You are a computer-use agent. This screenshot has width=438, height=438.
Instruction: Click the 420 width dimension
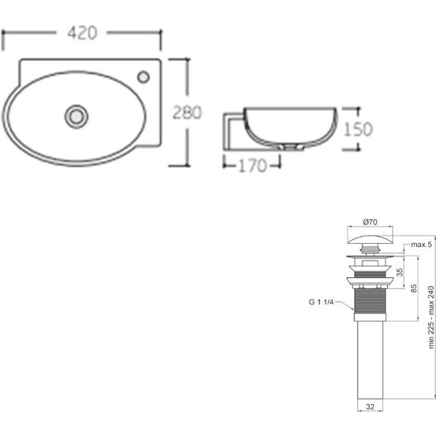pos(82,32)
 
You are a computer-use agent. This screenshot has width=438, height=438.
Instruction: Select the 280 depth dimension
pos(187,113)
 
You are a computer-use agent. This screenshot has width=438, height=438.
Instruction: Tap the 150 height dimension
pos(358,129)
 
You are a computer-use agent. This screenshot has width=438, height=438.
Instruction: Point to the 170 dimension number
pos(252,166)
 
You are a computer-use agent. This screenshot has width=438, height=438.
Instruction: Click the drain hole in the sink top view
pos(76,116)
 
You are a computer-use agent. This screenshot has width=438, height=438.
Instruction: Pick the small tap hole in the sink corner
pos(143,77)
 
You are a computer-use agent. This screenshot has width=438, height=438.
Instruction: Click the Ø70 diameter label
pos(370,222)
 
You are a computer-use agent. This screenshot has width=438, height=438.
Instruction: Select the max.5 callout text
pos(421,245)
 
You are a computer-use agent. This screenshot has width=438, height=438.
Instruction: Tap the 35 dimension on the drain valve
pos(400,273)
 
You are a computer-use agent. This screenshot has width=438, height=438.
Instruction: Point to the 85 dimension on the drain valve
pos(414,288)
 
